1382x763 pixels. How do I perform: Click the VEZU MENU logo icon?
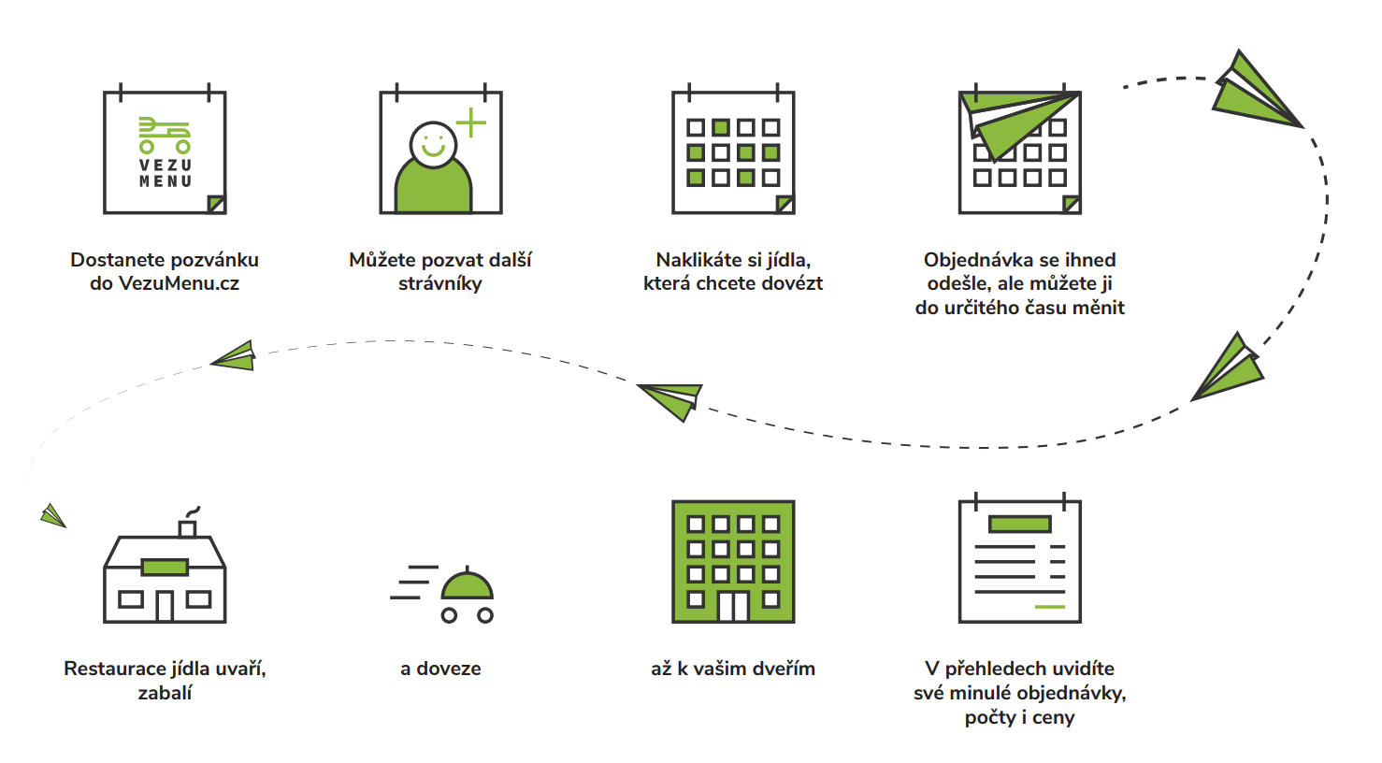coord(165,152)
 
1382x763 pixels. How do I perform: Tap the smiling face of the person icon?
coord(433,145)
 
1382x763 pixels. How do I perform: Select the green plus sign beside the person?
coord(471,122)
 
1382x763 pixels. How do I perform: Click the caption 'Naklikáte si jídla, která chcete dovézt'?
coord(733,271)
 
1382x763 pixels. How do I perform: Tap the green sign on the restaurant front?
coord(165,567)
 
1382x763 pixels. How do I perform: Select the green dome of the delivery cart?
coord(467,585)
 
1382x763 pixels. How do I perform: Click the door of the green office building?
coord(733,606)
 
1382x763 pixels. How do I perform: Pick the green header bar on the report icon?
coord(1019,525)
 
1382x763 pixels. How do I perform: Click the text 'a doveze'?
coord(440,669)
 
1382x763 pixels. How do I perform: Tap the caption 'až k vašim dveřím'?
coord(733,669)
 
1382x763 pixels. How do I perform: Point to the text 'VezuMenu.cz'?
coord(179,283)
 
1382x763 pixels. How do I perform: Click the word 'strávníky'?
coord(440,283)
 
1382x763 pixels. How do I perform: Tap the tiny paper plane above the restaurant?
coord(53,515)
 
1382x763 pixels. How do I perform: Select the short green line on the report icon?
coord(1050,607)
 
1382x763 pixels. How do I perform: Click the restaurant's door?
coord(165,606)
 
